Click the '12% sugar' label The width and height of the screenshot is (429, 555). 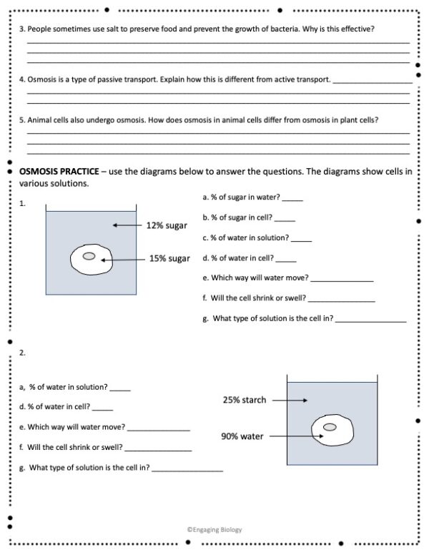(x=167, y=225)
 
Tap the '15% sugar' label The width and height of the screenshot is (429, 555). (x=169, y=259)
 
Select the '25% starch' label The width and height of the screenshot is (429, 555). (x=244, y=400)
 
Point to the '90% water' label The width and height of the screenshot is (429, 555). (x=242, y=436)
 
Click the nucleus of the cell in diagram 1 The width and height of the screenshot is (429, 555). (x=89, y=256)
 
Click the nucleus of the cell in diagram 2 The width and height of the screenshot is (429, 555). (x=330, y=427)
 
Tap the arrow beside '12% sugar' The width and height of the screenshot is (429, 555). (x=127, y=225)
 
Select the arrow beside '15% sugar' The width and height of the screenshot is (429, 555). (x=122, y=260)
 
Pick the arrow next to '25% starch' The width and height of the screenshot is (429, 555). (x=289, y=400)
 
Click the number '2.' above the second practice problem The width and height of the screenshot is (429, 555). (x=23, y=353)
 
